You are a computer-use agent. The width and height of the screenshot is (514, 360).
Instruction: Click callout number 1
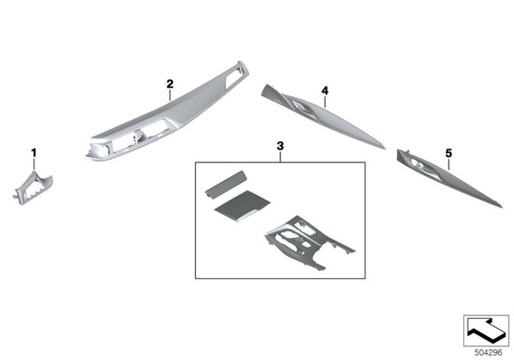(x=34, y=153)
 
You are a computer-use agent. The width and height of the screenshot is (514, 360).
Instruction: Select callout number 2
(x=169, y=84)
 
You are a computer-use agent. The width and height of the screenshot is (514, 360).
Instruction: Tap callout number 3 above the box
(x=280, y=146)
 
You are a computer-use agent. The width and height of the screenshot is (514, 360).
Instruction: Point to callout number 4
(x=325, y=90)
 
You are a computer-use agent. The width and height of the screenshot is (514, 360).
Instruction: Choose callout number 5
(x=449, y=153)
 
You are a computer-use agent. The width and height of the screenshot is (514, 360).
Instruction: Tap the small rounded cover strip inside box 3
(x=225, y=185)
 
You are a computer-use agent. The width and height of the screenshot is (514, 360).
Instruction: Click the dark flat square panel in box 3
(x=242, y=205)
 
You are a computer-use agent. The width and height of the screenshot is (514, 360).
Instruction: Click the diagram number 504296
(x=488, y=352)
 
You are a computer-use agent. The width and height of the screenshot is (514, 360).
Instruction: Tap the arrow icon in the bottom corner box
(x=486, y=330)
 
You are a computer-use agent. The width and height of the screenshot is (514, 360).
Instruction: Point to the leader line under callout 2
(x=170, y=95)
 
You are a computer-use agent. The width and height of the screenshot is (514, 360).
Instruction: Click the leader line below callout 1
(x=34, y=164)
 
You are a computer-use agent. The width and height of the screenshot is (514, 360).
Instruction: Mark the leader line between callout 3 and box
(x=280, y=156)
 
